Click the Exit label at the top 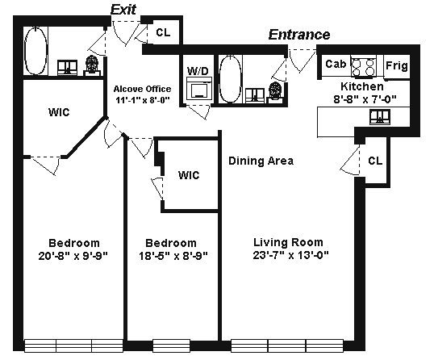click(x=123, y=10)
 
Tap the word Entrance click(x=299, y=35)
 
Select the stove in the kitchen click(x=364, y=66)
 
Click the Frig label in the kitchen click(x=397, y=66)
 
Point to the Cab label click(x=336, y=64)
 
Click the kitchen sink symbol click(x=380, y=117)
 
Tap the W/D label click(x=198, y=71)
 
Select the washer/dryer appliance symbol click(x=199, y=88)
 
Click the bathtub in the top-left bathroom click(x=35, y=51)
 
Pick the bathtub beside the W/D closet click(x=230, y=79)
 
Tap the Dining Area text click(x=261, y=161)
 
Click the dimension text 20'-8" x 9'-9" click(x=73, y=256)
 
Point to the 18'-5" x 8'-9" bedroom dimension click(x=173, y=256)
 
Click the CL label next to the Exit click(x=163, y=32)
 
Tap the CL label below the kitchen click(x=375, y=161)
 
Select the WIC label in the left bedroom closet click(x=59, y=112)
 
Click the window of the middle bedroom click(x=172, y=345)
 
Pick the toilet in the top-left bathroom click(x=92, y=66)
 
